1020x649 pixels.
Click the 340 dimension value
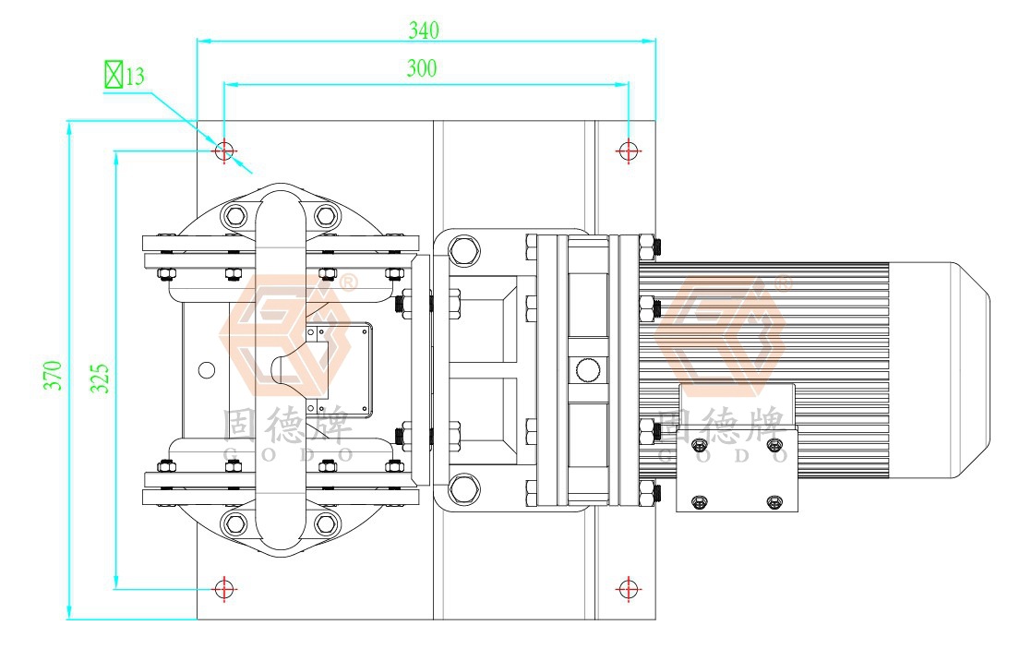pyautogui.click(x=424, y=30)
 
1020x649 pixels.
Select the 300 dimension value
pyautogui.click(x=422, y=68)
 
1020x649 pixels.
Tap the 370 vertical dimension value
pyautogui.click(x=54, y=375)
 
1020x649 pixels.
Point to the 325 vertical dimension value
pyautogui.click(x=100, y=378)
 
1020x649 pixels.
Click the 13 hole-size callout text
pyautogui.click(x=135, y=77)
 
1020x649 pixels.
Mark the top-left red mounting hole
pyautogui.click(x=224, y=150)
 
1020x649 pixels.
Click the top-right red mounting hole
pyautogui.click(x=628, y=150)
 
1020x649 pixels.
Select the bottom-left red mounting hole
pyautogui.click(x=224, y=589)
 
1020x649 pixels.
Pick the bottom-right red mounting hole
pyautogui.click(x=628, y=589)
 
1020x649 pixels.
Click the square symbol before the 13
pyautogui.click(x=114, y=75)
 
